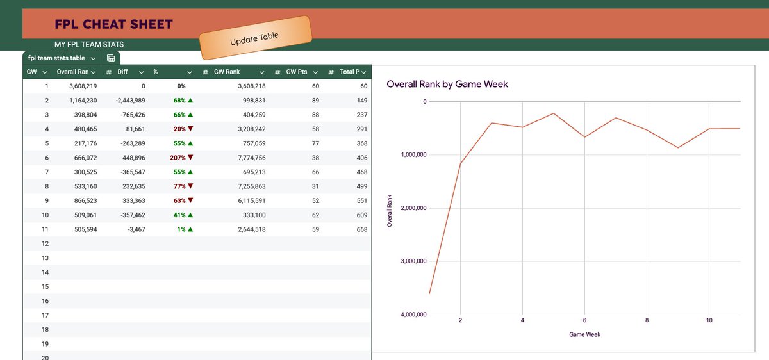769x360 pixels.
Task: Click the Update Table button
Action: (x=256, y=37)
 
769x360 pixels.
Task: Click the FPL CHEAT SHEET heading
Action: (x=113, y=24)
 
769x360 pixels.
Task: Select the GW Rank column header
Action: (x=227, y=72)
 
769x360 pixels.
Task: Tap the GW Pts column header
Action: (x=297, y=72)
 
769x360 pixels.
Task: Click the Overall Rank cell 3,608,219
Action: (x=83, y=86)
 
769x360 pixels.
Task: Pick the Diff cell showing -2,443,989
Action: (x=131, y=101)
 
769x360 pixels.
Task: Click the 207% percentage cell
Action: (x=178, y=158)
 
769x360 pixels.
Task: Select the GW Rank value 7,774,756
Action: (x=252, y=158)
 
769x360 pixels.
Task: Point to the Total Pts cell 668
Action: (x=362, y=229)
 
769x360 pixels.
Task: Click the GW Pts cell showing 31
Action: (x=315, y=186)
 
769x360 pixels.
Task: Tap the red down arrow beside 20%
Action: (x=190, y=129)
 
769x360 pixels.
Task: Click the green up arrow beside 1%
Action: (x=190, y=229)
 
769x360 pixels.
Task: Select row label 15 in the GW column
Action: (x=45, y=286)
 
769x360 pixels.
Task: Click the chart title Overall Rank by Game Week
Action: (x=447, y=84)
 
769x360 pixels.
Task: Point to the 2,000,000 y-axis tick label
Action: (x=413, y=208)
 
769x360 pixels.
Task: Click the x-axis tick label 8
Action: (x=647, y=320)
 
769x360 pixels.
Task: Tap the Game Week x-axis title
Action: (x=584, y=334)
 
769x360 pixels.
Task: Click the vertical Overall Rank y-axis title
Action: (x=390, y=211)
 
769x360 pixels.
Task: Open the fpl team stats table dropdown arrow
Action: (x=93, y=59)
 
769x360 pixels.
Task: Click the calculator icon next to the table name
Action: (x=110, y=58)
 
